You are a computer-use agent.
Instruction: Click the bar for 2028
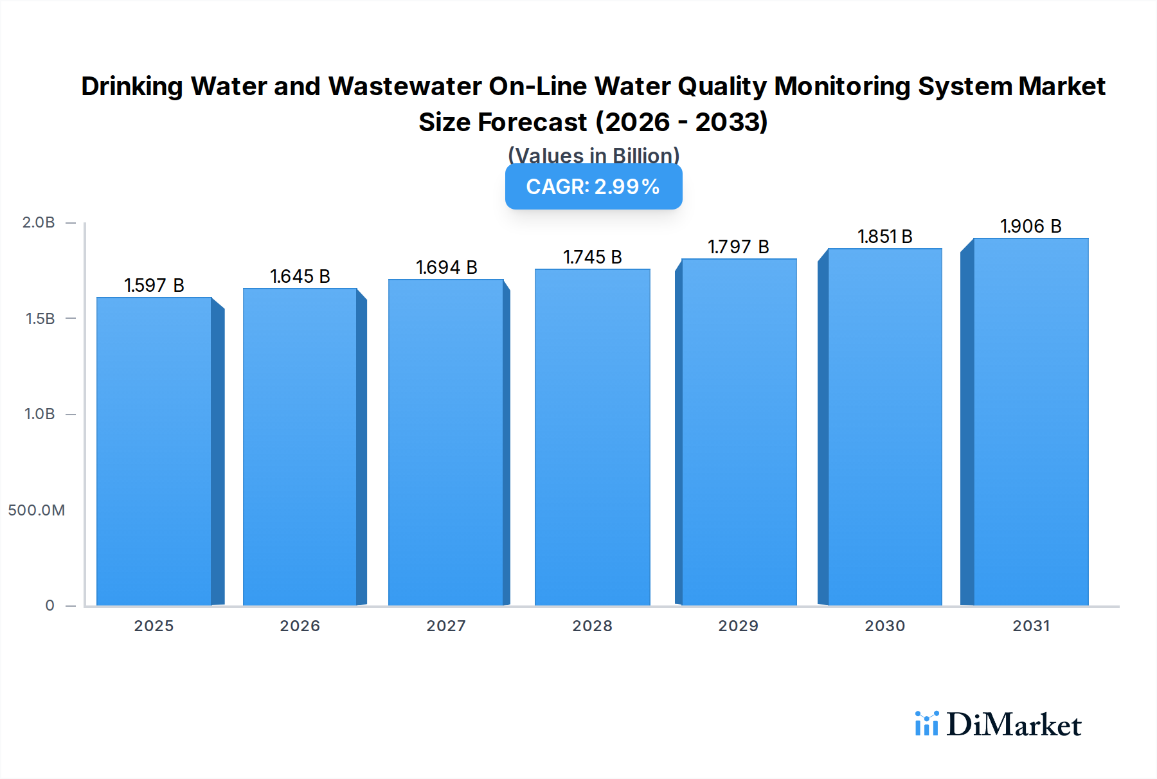tap(592, 437)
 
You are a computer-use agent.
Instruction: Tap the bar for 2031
tap(1030, 422)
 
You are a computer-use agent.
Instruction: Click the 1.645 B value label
tap(300, 276)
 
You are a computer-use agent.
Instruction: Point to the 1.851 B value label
tap(884, 237)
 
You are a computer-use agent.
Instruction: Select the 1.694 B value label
tap(446, 267)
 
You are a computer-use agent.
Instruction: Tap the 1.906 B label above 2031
tap(1030, 226)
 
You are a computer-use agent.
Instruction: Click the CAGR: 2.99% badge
tap(593, 186)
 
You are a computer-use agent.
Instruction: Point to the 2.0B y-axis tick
tap(39, 222)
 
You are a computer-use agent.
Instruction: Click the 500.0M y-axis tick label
tap(37, 510)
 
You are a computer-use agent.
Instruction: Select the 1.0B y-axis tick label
tap(40, 414)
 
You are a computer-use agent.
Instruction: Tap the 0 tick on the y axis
tap(50, 605)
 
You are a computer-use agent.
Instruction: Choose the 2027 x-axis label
tap(446, 626)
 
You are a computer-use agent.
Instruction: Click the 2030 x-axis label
tap(884, 626)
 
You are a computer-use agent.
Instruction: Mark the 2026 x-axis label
tap(300, 626)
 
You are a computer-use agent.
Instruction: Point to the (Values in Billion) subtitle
tap(593, 156)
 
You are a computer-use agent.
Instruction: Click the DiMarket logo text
tap(1014, 725)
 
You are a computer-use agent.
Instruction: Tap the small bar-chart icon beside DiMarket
tap(926, 724)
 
